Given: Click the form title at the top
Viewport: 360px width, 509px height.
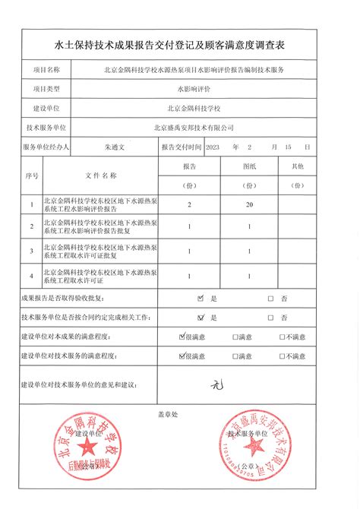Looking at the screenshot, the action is (180, 46).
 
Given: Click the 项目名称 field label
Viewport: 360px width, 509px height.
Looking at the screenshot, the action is (47, 69).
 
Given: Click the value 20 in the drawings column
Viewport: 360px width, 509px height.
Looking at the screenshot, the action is (248, 205).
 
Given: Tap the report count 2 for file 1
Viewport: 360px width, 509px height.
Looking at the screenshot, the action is (189, 205).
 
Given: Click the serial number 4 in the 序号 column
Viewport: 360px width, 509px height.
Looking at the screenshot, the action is (31, 274).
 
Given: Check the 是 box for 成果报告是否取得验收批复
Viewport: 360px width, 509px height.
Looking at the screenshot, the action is (201, 299).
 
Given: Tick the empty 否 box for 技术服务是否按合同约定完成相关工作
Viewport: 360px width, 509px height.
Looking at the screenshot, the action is (270, 318).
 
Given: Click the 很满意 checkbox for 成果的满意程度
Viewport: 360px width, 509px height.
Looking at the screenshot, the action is (182, 336).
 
